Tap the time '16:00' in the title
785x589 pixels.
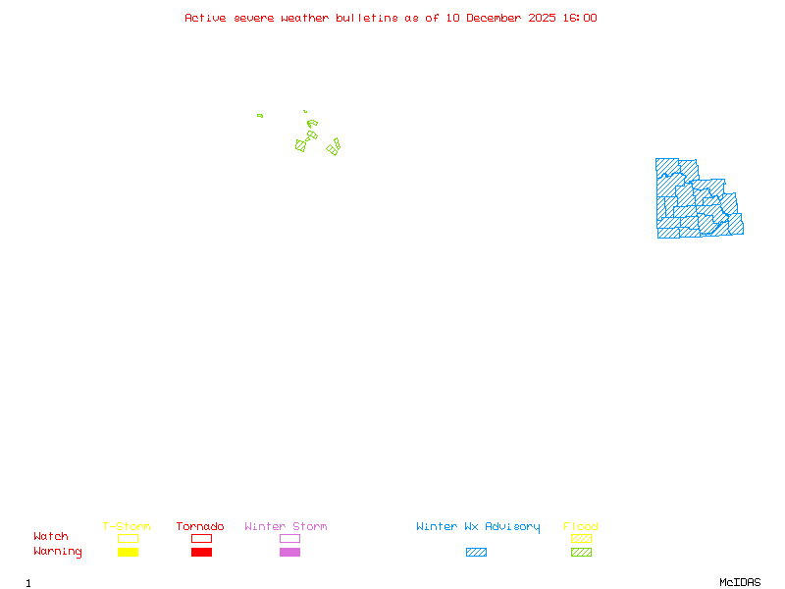point(577,18)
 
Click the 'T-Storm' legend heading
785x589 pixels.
point(127,526)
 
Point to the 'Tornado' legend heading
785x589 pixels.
point(200,526)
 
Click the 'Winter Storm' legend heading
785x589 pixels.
point(286,526)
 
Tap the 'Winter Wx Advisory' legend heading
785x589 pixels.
point(478,526)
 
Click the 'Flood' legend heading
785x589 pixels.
point(581,526)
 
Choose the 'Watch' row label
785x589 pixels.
point(51,537)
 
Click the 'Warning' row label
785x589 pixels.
point(58,552)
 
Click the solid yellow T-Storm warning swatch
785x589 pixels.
point(128,552)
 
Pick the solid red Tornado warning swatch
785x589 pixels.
point(201,552)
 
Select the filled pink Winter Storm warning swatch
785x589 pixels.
point(289,552)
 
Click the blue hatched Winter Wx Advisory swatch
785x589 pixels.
point(476,552)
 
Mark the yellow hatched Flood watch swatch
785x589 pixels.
point(581,538)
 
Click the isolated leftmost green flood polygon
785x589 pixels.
point(260,116)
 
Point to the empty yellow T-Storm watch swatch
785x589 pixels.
point(128,538)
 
